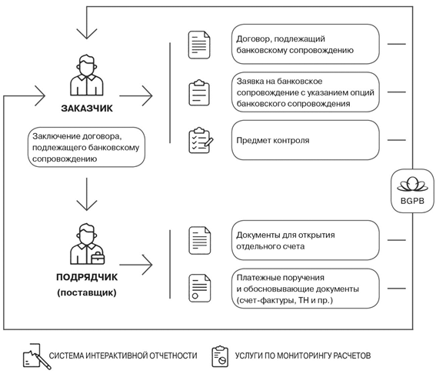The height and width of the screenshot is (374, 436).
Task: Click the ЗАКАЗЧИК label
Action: point(87,109)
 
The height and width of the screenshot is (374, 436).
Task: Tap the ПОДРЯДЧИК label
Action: point(87,277)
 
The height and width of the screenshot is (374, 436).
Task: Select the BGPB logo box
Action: point(412,191)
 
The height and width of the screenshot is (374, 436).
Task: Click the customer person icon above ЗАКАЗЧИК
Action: point(87,75)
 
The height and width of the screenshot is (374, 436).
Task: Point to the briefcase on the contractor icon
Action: point(98,258)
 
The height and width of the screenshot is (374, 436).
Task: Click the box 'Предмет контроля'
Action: point(305,140)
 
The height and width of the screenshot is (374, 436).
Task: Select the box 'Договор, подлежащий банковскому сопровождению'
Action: point(305,44)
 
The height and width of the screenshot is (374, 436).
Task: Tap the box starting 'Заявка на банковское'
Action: point(305,92)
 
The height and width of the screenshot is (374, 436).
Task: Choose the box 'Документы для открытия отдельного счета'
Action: point(305,240)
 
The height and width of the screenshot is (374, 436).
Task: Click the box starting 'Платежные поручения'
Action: point(305,289)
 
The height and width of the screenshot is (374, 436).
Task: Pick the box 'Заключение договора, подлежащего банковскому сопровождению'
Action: point(86,147)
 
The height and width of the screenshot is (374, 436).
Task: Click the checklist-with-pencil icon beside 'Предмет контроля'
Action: point(201,141)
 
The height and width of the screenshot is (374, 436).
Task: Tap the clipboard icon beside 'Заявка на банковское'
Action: point(199,92)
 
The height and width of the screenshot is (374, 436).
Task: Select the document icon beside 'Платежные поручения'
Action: point(200,289)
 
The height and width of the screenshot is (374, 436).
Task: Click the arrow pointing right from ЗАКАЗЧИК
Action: point(136,95)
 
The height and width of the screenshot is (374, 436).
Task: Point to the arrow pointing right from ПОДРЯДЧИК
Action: point(136,265)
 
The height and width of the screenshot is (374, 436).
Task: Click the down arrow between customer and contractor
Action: point(87,194)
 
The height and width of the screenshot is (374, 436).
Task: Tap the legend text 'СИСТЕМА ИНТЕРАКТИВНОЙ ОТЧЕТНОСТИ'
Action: point(123,356)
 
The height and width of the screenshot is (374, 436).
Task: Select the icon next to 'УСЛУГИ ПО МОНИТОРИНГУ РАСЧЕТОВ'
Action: point(220,356)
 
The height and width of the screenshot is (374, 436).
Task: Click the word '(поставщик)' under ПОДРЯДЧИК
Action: point(87,292)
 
